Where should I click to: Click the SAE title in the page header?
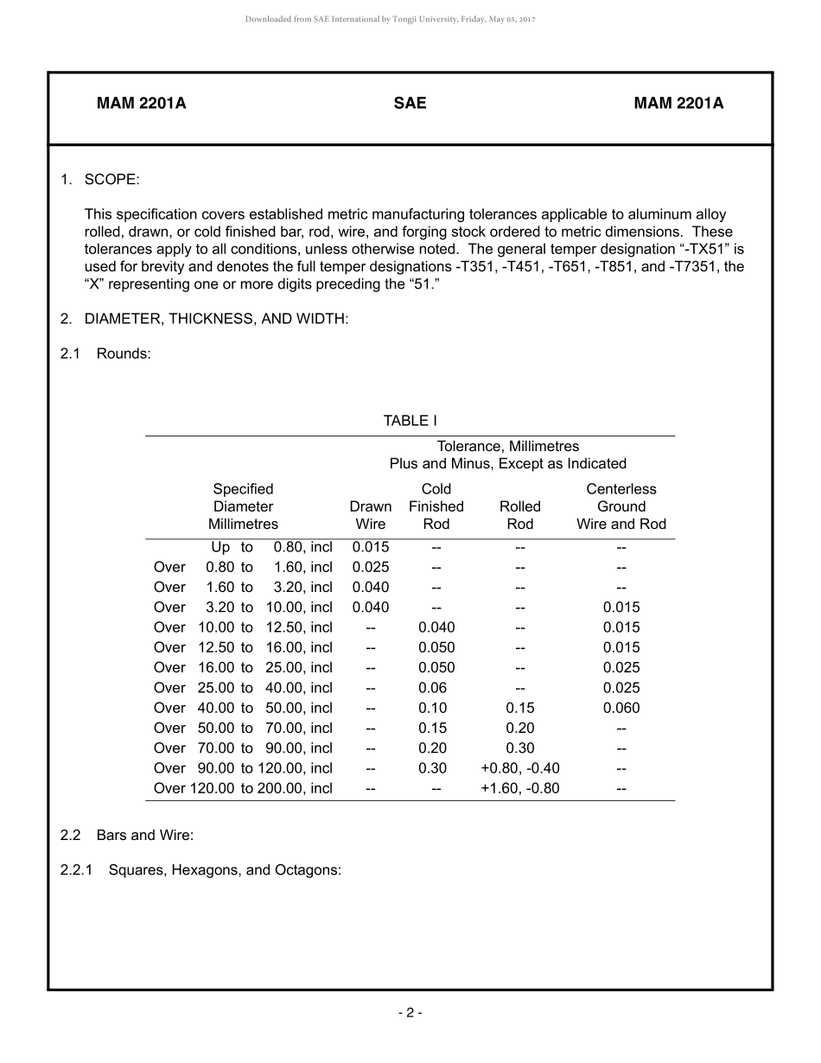tap(410, 104)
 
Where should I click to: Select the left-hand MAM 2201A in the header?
tap(141, 104)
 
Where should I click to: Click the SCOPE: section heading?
tap(111, 180)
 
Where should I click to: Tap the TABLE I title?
tap(410, 421)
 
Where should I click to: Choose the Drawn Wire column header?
tap(370, 515)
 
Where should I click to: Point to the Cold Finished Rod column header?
tap(436, 506)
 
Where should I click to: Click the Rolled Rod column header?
tap(519, 515)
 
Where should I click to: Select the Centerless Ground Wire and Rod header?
tap(621, 506)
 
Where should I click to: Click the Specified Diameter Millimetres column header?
tap(243, 506)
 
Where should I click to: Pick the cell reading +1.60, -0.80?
tap(519, 788)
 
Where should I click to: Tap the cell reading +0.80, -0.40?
tap(519, 768)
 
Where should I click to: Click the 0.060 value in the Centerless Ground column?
tap(621, 708)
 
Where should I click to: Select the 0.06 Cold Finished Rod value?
tap(436, 688)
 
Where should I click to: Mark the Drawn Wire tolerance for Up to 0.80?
tap(370, 547)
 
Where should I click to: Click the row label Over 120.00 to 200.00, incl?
tap(243, 788)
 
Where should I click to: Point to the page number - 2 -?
tap(410, 1013)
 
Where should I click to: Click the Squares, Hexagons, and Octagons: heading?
tap(225, 870)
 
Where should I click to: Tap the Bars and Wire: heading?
tap(145, 836)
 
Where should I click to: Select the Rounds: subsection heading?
tap(124, 353)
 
